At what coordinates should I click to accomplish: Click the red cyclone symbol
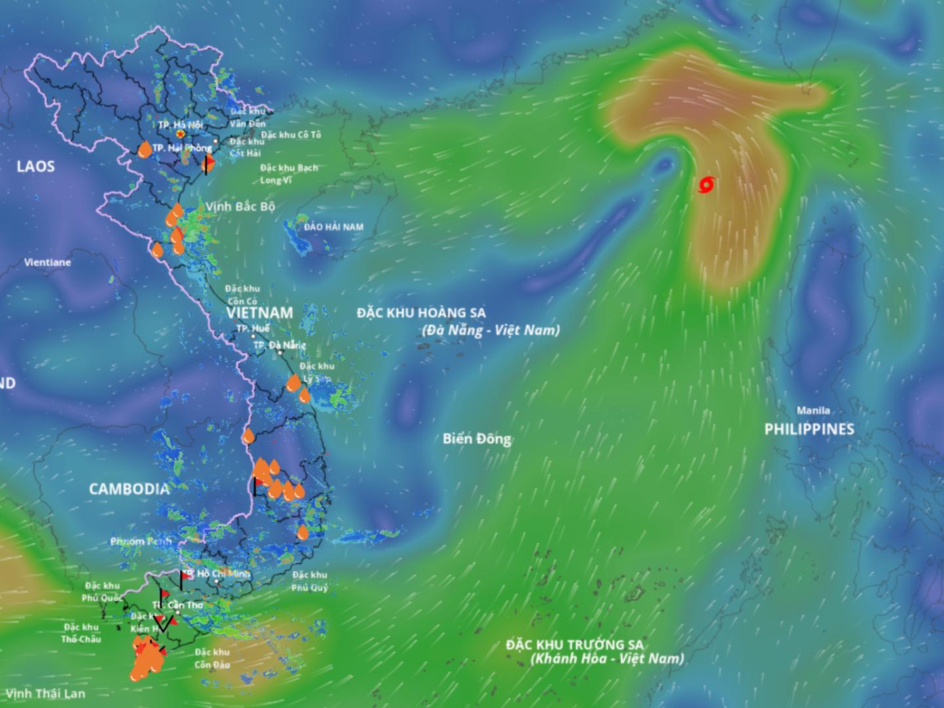(705, 186)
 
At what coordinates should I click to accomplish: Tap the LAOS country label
(35, 166)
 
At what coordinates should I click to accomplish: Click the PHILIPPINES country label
(809, 429)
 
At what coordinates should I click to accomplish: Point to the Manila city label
(813, 410)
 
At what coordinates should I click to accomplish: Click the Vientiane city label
(47, 262)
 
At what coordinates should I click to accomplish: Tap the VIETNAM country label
(260, 312)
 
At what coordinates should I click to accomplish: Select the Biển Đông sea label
(477, 439)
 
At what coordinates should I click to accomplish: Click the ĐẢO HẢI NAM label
(333, 227)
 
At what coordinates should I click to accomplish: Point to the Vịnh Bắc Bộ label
(240, 206)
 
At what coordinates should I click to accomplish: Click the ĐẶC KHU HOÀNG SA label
(421, 313)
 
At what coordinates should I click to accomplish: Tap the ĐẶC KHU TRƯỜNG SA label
(574, 644)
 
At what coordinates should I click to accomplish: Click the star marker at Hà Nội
(180, 134)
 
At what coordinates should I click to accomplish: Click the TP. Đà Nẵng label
(279, 345)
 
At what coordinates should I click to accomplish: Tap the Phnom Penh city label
(141, 541)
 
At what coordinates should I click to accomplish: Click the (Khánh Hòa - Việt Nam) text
(606, 659)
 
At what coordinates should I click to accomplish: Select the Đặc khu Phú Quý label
(310, 581)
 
